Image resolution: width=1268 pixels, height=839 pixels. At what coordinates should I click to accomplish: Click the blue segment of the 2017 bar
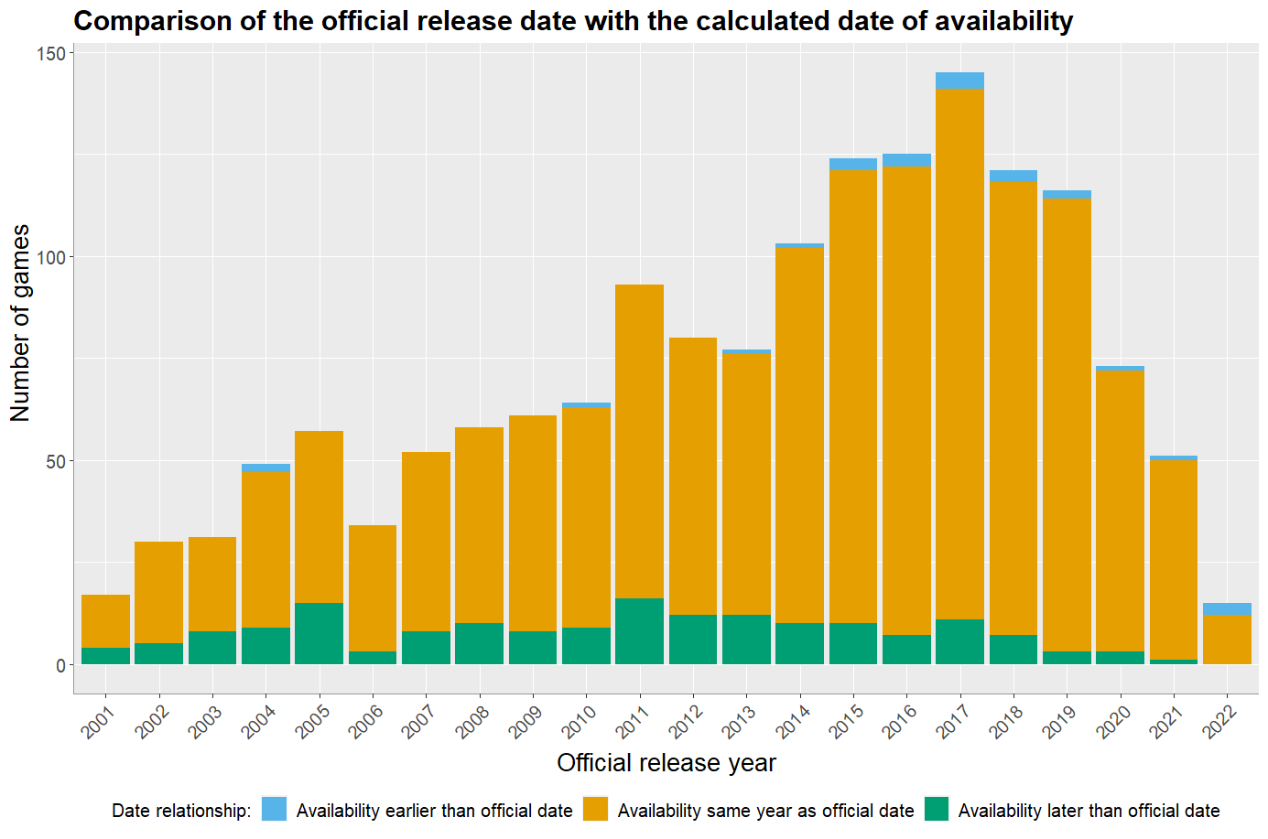coord(959,81)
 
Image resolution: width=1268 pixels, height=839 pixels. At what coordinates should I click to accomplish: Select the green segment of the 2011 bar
coord(639,631)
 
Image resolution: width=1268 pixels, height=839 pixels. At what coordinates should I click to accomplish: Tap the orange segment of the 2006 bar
coord(373,587)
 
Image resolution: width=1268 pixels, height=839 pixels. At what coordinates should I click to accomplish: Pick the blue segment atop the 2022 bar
coord(1227,608)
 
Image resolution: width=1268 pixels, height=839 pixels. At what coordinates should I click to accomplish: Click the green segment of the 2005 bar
coord(319,633)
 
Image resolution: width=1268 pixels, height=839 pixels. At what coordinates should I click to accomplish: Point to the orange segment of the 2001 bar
coord(105,621)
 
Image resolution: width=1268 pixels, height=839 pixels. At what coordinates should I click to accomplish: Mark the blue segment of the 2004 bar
coord(266,468)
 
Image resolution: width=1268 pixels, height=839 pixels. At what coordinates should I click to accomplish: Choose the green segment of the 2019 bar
coord(1067,658)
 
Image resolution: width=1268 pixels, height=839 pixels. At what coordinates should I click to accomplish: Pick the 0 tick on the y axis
coord(60,665)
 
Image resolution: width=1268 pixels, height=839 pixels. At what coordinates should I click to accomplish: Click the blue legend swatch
coord(274,810)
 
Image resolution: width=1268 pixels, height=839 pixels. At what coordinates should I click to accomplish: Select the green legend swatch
coord(936,810)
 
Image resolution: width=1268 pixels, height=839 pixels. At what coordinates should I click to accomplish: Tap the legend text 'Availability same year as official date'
coord(765,811)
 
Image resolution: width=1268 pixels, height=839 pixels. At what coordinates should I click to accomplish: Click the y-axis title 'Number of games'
coord(20,323)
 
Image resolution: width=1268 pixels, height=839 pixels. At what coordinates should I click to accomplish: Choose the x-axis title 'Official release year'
coord(667,763)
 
